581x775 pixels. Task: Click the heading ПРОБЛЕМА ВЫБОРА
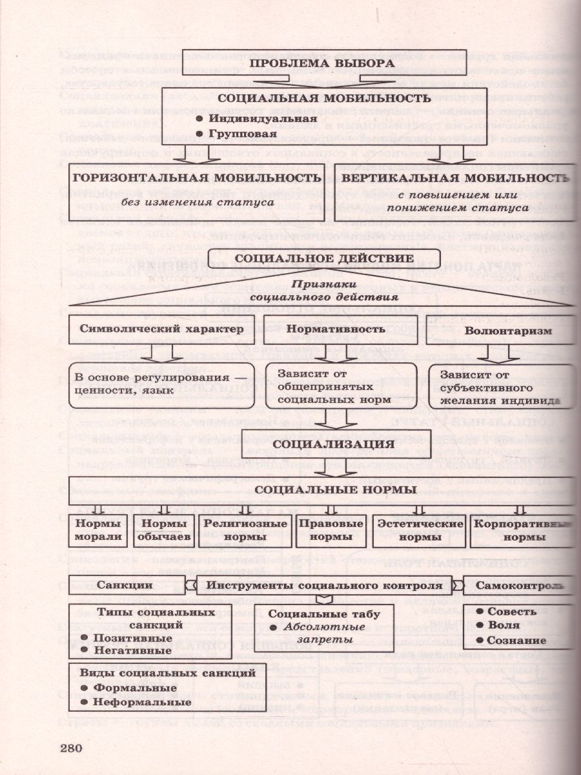[x=321, y=63]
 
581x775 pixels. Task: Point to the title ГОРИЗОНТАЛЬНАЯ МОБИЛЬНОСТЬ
[x=197, y=178]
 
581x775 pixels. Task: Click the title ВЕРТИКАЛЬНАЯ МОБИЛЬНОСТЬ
[x=455, y=178]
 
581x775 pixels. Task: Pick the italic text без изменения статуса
[x=201, y=203]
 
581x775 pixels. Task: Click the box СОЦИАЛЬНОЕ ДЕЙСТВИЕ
[x=323, y=258]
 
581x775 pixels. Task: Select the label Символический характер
[x=160, y=329]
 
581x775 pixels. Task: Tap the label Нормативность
[x=336, y=329]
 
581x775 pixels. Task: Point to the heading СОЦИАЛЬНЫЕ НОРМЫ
[x=335, y=490]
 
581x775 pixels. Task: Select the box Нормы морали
[x=98, y=530]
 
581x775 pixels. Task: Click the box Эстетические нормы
[x=420, y=530]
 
